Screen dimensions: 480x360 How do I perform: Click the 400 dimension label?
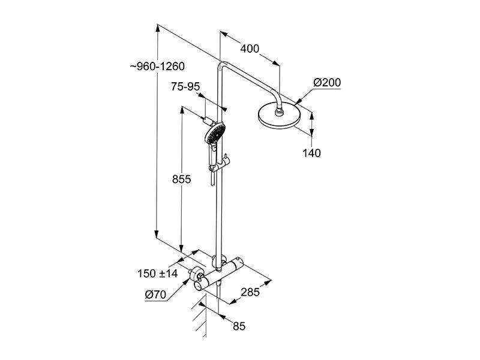click(x=250, y=49)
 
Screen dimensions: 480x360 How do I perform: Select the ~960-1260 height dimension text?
click(x=157, y=67)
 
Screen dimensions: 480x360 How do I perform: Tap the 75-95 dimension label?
click(x=185, y=86)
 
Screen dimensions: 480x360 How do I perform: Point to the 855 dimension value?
click(x=181, y=179)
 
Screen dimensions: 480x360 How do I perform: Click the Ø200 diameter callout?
click(x=326, y=82)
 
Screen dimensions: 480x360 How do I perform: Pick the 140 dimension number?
click(x=311, y=153)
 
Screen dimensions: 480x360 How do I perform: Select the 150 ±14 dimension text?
click(x=157, y=274)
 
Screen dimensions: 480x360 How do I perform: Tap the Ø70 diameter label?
click(x=155, y=295)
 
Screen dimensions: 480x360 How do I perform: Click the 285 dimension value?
click(x=250, y=292)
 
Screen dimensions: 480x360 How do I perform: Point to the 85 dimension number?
click(x=239, y=326)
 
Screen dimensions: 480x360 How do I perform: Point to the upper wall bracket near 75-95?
click(x=209, y=121)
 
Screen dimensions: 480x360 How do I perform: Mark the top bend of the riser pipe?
click(x=222, y=65)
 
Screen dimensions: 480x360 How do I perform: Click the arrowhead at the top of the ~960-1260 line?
click(x=157, y=28)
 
